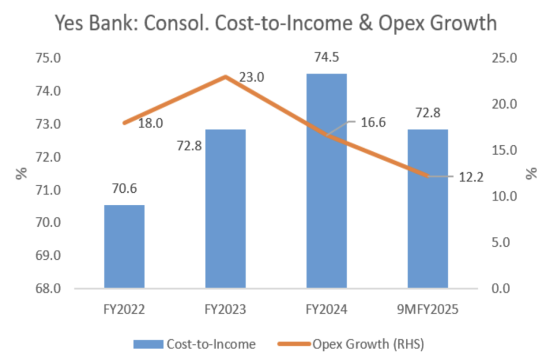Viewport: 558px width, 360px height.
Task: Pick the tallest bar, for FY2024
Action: (x=326, y=180)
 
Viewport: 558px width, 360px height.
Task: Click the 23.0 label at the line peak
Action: (x=251, y=77)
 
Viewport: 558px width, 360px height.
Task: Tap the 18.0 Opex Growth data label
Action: (x=150, y=124)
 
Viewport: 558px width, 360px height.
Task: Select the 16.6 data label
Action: (x=373, y=122)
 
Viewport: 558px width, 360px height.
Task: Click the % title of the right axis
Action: (x=532, y=174)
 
